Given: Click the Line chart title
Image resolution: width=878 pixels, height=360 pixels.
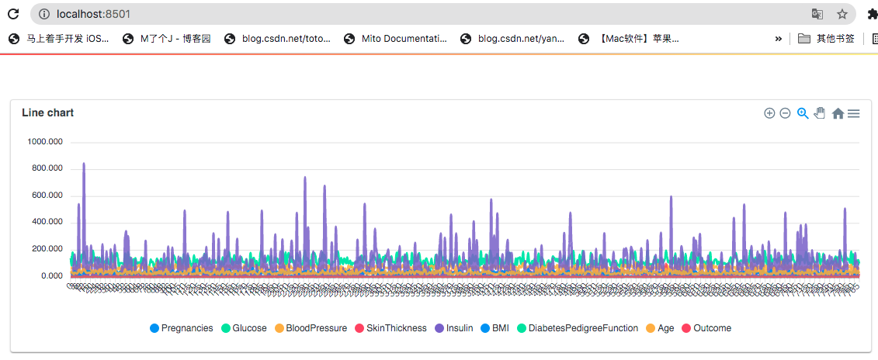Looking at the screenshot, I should click(x=48, y=112).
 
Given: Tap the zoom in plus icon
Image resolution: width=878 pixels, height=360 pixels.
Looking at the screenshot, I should click(x=769, y=113).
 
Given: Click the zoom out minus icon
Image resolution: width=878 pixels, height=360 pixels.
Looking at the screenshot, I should click(x=785, y=113).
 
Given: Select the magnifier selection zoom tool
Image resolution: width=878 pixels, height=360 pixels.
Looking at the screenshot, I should click(x=803, y=113).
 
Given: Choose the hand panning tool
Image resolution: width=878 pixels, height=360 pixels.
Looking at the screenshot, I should click(x=820, y=113).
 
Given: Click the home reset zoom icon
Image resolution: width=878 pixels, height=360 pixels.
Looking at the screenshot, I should click(x=838, y=113).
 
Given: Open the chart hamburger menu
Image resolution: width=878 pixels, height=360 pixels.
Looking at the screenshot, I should click(x=853, y=113).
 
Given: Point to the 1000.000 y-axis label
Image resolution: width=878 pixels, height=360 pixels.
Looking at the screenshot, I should click(x=45, y=142).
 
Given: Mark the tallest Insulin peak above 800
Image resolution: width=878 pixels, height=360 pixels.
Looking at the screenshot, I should click(x=84, y=164).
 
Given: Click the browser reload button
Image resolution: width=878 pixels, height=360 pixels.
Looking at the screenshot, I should click(x=13, y=13).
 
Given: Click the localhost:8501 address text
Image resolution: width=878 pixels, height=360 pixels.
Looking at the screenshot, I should click(x=92, y=13).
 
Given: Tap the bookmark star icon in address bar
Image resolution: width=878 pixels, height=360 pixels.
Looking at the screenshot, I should click(x=842, y=13).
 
